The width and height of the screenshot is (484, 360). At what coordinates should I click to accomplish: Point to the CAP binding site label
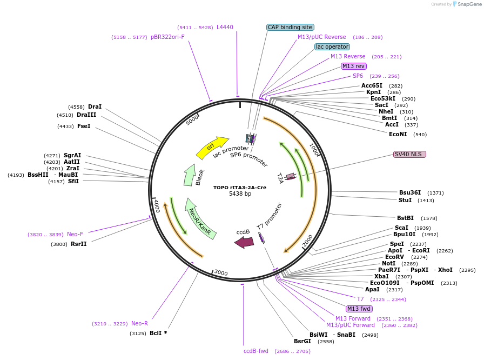[290, 27]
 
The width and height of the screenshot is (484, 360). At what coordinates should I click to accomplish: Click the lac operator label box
[332, 46]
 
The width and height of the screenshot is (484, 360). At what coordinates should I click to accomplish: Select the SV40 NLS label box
[409, 154]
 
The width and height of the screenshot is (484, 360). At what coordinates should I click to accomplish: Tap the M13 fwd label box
[359, 309]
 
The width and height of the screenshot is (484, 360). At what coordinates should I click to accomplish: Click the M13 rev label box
[353, 66]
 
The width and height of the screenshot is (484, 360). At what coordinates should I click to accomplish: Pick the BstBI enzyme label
[406, 218]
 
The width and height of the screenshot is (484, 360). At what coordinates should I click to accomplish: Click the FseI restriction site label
[84, 126]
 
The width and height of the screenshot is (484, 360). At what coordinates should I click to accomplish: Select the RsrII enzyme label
[78, 244]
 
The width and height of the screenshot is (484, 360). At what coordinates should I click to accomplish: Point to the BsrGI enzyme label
[302, 341]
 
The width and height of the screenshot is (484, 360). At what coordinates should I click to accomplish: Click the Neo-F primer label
[75, 235]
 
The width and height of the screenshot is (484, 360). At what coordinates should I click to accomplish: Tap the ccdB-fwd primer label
[256, 351]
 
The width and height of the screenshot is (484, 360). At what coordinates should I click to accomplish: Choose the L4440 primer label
[225, 27]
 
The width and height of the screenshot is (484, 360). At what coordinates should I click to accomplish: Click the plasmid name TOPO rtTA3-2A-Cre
[240, 188]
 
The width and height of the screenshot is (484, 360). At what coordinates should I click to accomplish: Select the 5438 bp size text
[240, 194]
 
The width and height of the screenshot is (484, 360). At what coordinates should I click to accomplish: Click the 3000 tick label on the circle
[221, 272]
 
